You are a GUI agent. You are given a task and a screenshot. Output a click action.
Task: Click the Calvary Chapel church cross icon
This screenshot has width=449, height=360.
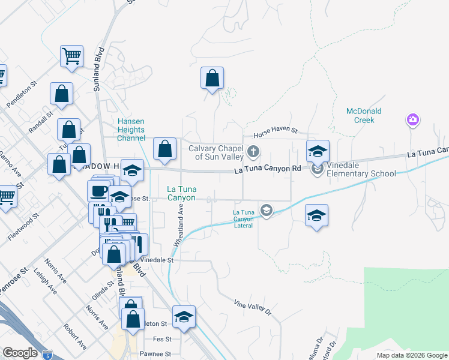[253, 151]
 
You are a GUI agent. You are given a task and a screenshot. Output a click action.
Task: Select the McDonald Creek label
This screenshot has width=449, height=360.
[364, 116]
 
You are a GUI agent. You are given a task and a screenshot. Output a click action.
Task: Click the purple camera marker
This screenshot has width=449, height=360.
[412, 120]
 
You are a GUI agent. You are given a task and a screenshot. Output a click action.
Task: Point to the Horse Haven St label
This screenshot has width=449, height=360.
[275, 129]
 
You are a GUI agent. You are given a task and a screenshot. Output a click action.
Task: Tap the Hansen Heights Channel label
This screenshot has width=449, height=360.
[131, 130]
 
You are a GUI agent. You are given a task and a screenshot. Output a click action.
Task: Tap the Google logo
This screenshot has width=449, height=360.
[20, 353]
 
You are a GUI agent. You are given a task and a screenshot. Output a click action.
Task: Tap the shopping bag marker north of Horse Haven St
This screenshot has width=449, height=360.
[212, 79]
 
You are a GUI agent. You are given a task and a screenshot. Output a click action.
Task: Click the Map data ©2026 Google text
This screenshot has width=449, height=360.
[411, 355]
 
